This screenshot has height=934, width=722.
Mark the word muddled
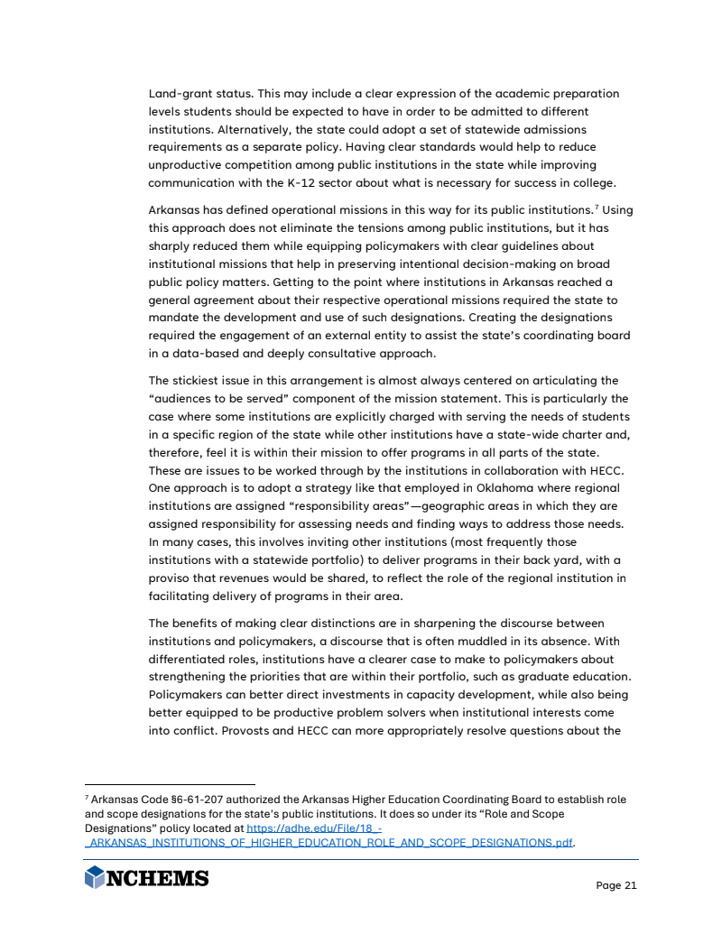[533, 641]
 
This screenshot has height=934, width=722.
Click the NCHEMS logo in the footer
[146, 878]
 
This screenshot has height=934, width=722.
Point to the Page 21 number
[616, 885]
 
